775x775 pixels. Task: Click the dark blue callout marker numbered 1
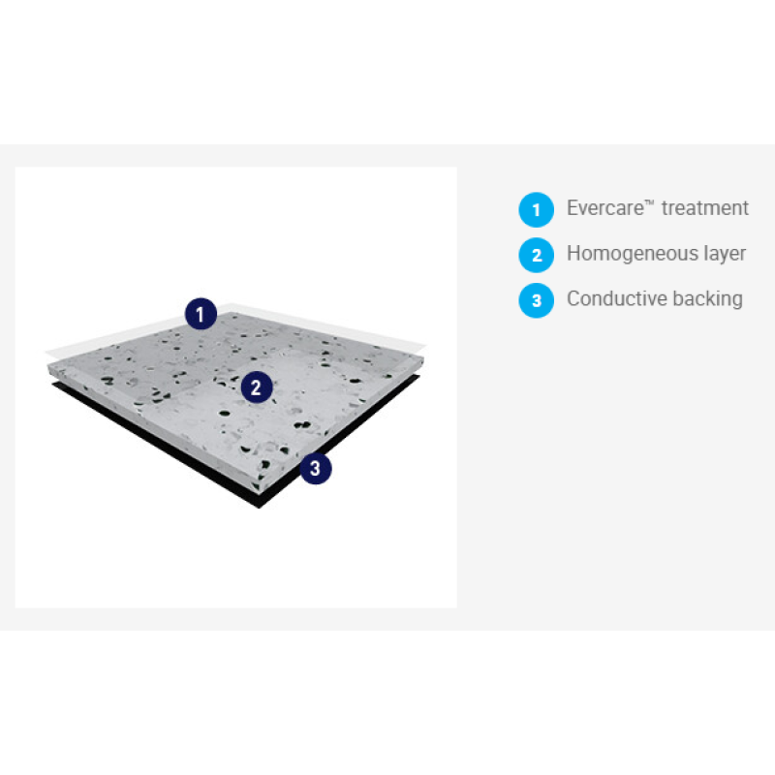coord(201,314)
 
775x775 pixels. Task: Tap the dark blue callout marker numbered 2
coord(257,387)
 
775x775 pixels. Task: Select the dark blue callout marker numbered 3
coord(316,468)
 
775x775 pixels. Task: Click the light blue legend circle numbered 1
coord(537,209)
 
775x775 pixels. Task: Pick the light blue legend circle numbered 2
coord(537,255)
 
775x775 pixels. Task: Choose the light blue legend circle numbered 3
coord(537,300)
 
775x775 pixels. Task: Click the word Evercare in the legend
coord(605,208)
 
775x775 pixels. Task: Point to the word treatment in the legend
coord(705,208)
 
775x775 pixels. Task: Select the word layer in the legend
coord(725,255)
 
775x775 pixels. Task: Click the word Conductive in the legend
coord(616,298)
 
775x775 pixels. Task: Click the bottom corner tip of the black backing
coord(259,508)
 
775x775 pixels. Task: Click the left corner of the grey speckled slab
coord(47,366)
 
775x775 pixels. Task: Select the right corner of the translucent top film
coord(425,343)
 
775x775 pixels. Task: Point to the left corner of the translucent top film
coord(46,352)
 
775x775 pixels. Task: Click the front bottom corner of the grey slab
coord(258,492)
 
